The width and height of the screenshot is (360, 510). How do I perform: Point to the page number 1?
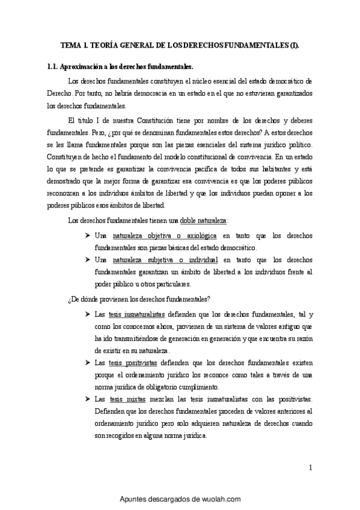click(310, 467)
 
